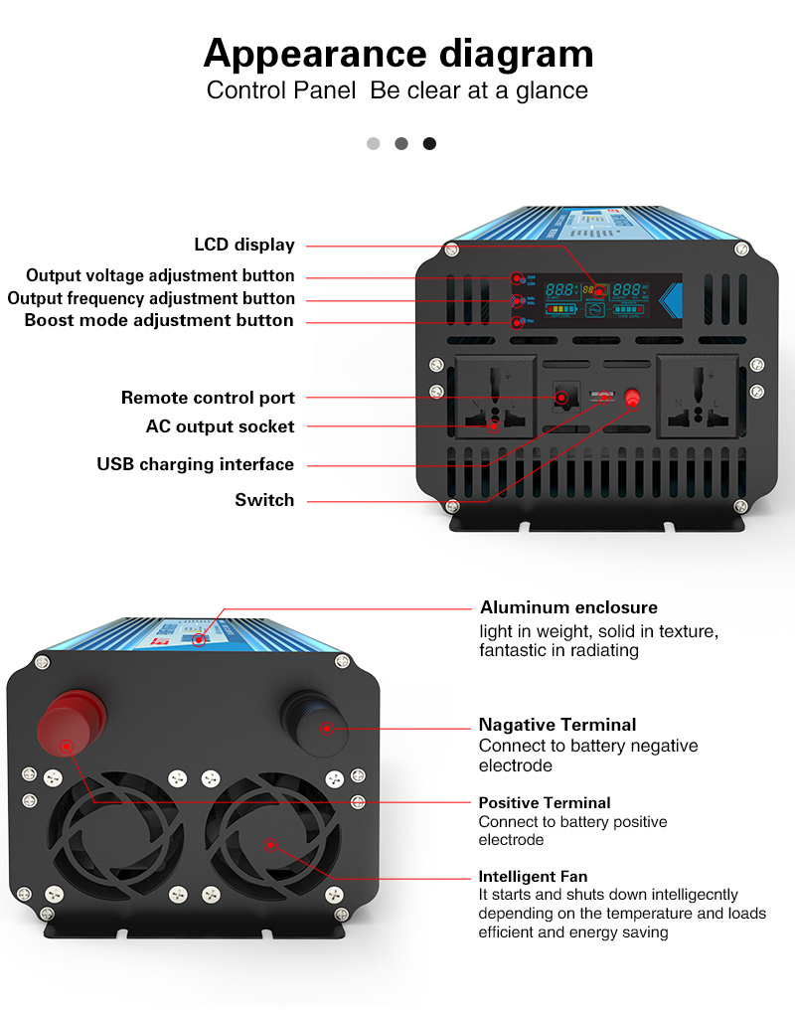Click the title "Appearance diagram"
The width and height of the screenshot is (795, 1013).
[397, 53]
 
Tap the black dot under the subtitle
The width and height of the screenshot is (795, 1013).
[429, 143]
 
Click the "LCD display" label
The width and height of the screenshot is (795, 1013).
[244, 245]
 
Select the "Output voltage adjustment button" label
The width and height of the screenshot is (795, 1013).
[160, 275]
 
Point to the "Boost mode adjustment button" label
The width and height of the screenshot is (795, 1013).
[159, 320]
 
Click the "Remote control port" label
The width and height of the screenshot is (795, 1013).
[208, 398]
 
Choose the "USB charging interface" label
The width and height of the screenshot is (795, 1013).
[195, 464]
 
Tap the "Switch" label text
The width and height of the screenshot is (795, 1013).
[264, 500]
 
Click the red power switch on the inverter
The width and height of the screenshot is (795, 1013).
[632, 399]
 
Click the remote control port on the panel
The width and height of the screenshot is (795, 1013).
[561, 397]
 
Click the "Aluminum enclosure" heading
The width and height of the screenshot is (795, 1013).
[568, 607]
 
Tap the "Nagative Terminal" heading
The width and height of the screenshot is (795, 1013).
[556, 725]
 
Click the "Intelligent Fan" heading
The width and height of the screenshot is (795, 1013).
[533, 877]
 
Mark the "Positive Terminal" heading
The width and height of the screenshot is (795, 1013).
[545, 802]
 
